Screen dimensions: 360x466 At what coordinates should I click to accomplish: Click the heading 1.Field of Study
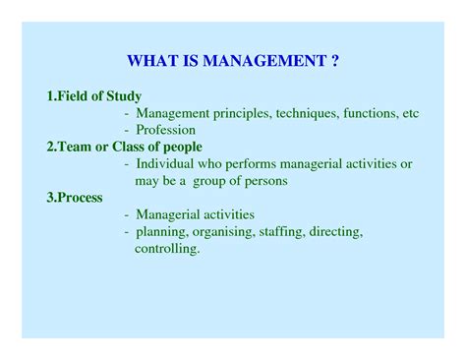[x=94, y=96]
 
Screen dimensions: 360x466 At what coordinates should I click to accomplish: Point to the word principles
[x=242, y=113]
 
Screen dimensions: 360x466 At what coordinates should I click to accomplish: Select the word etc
[x=411, y=113]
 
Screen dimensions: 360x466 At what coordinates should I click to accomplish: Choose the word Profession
[x=166, y=130]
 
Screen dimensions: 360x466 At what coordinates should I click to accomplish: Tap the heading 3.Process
[x=76, y=198]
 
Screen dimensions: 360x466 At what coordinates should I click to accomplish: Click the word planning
[x=164, y=231]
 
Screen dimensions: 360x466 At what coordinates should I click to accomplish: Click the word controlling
[x=167, y=249]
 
